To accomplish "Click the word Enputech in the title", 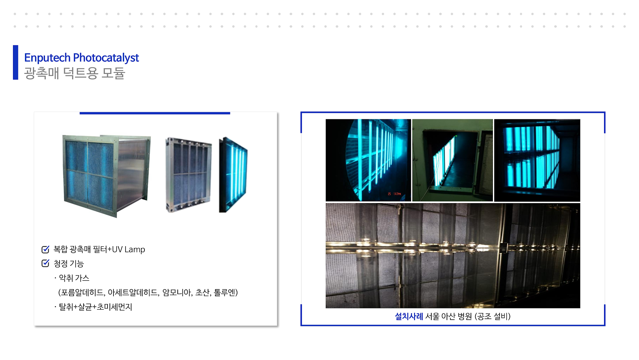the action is [47, 58].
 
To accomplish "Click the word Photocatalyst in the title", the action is [106, 58].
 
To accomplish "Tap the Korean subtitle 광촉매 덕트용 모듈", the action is [75, 73].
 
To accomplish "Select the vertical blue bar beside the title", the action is [16, 63].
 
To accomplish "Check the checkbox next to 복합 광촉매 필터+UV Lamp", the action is [45, 249].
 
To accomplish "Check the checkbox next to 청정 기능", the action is [45, 263].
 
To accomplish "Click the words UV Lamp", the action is [128, 249].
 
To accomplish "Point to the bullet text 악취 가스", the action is [74, 278].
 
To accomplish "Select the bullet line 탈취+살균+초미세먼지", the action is [95, 307].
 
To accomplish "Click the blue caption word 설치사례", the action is [409, 316].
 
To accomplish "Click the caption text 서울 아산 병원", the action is [449, 316].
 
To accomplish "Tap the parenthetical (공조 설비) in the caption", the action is [493, 316].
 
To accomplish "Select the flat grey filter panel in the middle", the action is [188, 175].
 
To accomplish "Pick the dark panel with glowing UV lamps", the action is [233, 175].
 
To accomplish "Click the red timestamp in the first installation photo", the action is [394, 194].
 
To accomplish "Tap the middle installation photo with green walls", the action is [452, 160].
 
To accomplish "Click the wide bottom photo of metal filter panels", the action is [453, 256].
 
